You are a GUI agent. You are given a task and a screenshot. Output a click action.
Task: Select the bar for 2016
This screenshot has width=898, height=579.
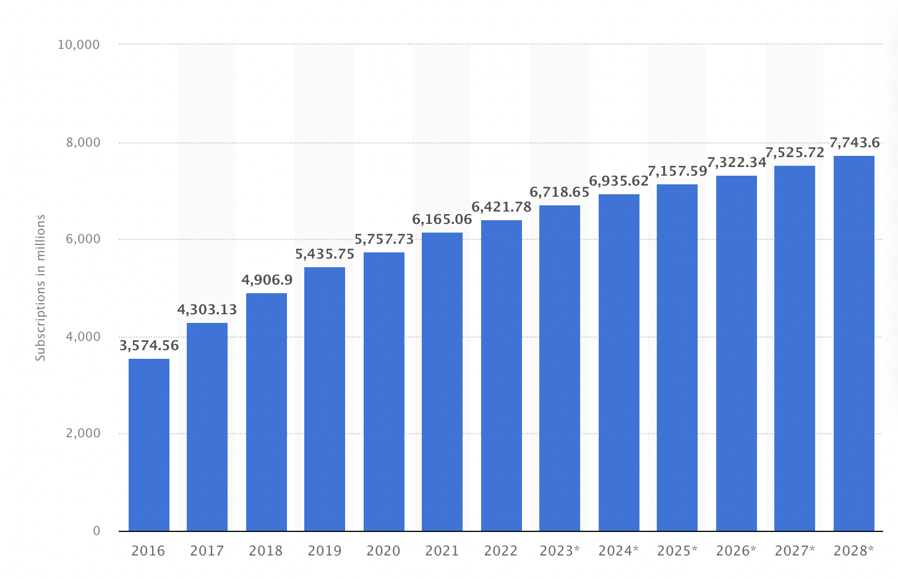149,445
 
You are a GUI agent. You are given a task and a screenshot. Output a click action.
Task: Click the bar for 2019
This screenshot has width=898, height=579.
325,399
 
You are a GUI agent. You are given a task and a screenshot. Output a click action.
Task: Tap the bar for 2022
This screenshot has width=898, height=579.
501,375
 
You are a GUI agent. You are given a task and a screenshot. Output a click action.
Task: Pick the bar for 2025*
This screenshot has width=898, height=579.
677,358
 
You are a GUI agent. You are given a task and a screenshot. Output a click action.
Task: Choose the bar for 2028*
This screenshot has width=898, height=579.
853,343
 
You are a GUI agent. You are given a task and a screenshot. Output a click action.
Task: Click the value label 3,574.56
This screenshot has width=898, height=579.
149,346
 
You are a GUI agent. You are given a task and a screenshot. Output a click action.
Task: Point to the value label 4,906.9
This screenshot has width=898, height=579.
267,280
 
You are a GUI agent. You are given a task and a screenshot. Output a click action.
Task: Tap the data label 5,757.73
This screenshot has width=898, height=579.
384,239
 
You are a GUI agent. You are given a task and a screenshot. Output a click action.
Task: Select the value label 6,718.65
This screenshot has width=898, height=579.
560,192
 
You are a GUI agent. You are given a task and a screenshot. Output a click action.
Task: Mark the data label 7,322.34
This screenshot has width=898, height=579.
736,163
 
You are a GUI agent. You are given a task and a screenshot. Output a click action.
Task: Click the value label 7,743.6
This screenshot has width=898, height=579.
854,143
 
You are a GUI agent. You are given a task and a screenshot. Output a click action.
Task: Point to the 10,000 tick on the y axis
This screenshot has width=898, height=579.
79,45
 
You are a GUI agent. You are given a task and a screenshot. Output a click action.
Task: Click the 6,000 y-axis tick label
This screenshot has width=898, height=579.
83,239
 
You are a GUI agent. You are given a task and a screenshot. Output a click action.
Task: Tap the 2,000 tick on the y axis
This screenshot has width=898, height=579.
83,434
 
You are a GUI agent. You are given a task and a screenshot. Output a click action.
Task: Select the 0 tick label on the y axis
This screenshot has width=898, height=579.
96,531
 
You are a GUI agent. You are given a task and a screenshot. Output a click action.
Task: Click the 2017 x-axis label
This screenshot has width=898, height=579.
207,551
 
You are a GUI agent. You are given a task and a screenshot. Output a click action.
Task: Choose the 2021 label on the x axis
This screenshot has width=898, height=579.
442,551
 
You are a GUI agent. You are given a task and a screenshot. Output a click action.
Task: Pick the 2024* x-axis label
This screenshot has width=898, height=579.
618,551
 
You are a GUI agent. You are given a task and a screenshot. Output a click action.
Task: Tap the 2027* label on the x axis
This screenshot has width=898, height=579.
795,551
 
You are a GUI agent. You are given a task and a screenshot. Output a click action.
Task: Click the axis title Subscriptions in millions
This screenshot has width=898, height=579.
41,288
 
